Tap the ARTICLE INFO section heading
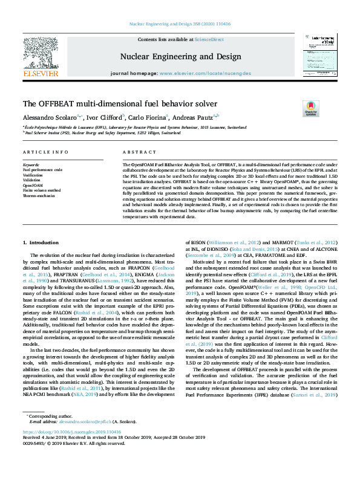click(x=45, y=152)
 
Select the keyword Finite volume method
click(x=42, y=190)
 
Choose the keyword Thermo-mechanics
click(x=39, y=195)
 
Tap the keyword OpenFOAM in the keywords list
click(x=33, y=185)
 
